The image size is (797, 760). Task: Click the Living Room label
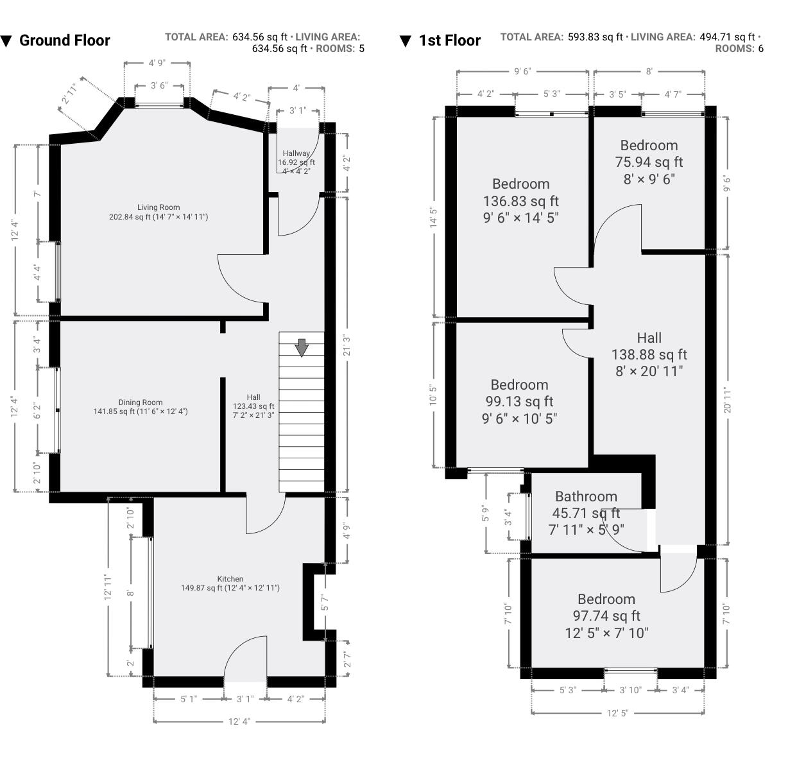(159, 207)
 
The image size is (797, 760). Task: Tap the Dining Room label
(140, 402)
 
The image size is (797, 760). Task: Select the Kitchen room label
(230, 579)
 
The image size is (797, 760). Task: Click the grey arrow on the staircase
(302, 348)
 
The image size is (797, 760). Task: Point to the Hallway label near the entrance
(296, 153)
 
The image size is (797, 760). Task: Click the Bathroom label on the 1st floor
(586, 496)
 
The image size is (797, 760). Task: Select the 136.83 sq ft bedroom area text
(520, 201)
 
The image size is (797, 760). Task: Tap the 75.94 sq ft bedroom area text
(649, 162)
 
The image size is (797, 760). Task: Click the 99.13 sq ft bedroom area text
(519, 402)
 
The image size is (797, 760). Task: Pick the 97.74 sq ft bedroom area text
(606, 616)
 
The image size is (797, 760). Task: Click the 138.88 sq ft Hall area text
(649, 354)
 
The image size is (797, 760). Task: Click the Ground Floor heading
(64, 40)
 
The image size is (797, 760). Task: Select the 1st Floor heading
(449, 40)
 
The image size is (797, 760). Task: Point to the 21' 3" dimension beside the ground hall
(347, 345)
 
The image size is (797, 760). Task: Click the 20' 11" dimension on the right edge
(727, 400)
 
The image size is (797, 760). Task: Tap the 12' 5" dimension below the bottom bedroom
(617, 713)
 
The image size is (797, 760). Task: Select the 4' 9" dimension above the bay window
(157, 63)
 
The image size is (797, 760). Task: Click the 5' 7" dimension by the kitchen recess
(325, 603)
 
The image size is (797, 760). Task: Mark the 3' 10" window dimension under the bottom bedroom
(631, 690)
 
